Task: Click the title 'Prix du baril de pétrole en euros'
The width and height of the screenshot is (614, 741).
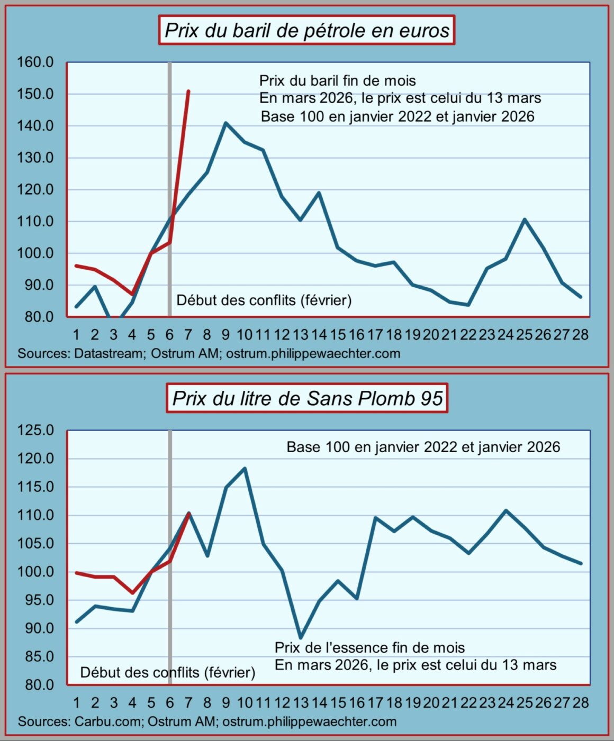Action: click(306, 30)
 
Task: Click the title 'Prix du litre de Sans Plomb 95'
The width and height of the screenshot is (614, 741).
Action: click(307, 398)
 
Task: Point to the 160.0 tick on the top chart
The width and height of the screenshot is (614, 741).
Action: click(35, 62)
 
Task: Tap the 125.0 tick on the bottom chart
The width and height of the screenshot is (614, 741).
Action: click(35, 430)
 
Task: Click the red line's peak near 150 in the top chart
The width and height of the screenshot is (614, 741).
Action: click(188, 92)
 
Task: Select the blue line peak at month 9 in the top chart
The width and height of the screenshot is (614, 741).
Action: click(225, 123)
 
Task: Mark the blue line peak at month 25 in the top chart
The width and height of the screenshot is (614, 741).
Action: click(524, 219)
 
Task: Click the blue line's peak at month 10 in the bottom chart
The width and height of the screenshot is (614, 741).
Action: click(245, 468)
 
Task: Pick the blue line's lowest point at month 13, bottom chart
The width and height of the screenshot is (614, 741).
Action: click(301, 638)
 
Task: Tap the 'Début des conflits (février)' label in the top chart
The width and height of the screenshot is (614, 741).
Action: click(264, 300)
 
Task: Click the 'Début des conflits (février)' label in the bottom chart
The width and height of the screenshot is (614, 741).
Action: click(167, 672)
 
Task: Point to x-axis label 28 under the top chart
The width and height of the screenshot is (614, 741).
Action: click(581, 335)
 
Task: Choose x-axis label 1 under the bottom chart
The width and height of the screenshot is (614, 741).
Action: click(77, 703)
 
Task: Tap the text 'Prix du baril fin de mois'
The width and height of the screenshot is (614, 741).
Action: click(337, 81)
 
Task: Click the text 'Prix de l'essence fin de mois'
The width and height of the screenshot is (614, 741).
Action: click(369, 648)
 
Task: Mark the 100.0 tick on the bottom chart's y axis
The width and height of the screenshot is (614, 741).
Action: click(35, 572)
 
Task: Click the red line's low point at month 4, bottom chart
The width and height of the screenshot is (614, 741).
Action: click(132, 593)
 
